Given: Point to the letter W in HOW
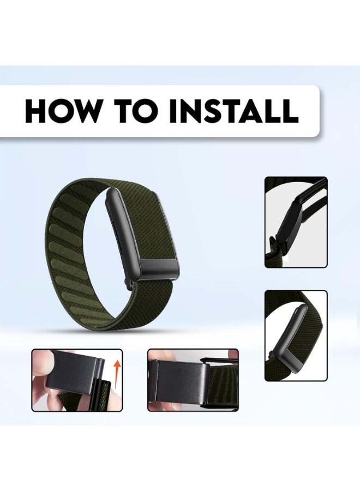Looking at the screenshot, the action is (x=88, y=111).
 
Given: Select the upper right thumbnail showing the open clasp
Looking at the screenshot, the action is (x=296, y=222).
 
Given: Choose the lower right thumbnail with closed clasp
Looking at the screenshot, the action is (x=296, y=336).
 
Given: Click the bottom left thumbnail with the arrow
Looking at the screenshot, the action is (x=77, y=380).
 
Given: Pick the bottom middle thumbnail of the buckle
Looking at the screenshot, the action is (x=193, y=380).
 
